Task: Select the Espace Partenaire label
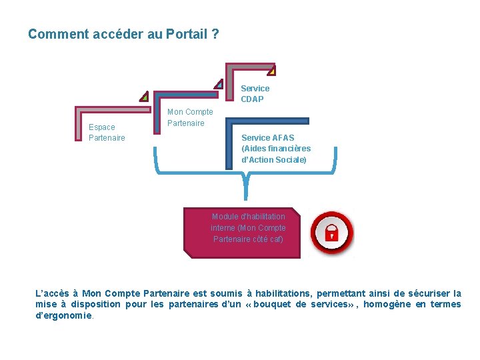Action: click(x=107, y=132)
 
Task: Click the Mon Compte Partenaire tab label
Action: click(x=190, y=117)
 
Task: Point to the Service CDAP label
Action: click(x=255, y=93)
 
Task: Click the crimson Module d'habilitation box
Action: click(x=242, y=233)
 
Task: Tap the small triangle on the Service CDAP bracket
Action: click(x=271, y=71)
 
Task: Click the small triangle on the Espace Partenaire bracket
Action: click(x=144, y=97)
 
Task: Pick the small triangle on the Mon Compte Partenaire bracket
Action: click(x=219, y=84)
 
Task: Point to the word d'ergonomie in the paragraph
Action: click(x=64, y=315)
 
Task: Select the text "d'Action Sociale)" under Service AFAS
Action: click(x=274, y=160)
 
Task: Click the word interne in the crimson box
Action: click(x=223, y=228)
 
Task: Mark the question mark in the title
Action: click(x=215, y=35)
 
